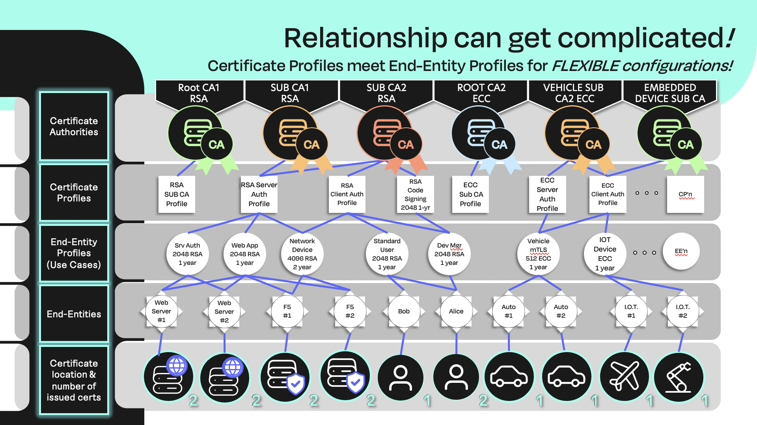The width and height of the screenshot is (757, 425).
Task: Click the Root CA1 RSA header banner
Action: click(x=199, y=93)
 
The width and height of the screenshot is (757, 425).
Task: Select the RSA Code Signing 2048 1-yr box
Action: click(x=415, y=194)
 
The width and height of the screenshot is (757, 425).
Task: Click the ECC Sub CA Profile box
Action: click(x=470, y=194)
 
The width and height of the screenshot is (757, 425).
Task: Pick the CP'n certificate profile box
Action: click(x=685, y=194)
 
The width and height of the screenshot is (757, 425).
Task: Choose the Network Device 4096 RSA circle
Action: click(x=302, y=254)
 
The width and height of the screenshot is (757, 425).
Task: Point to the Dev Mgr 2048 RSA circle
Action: click(x=449, y=254)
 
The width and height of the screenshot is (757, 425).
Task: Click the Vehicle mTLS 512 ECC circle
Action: click(x=538, y=254)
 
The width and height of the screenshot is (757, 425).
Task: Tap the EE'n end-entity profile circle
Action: click(x=681, y=252)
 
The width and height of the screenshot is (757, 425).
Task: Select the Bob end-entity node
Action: click(x=404, y=311)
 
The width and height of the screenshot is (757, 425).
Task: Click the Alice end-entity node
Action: click(x=456, y=311)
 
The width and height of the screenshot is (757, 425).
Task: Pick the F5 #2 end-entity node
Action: click(x=350, y=311)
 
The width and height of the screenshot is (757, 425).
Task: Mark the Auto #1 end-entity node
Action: click(x=509, y=311)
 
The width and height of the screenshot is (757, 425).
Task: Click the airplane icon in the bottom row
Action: click(x=625, y=377)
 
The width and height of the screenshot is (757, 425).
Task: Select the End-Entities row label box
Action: click(x=74, y=314)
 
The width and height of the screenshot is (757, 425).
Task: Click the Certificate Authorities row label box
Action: click(x=74, y=126)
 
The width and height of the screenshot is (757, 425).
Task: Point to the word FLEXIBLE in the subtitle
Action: click(x=585, y=66)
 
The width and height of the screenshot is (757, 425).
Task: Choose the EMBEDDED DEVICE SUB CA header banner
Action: click(x=670, y=93)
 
